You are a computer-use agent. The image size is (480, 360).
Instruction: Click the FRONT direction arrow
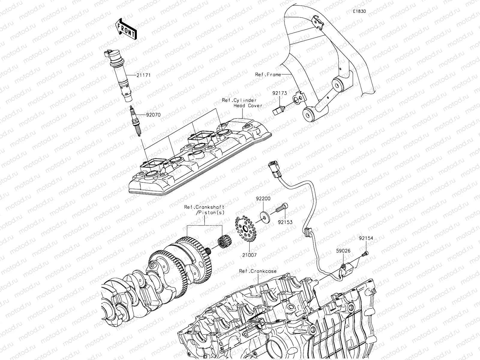coord(125,29)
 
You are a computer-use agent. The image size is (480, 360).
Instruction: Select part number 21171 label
coord(143,75)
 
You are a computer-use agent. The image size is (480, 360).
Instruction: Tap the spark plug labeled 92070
coord(135,121)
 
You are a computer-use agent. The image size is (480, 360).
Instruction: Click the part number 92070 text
coord(153,115)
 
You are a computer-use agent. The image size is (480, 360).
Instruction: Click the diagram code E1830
coord(359,11)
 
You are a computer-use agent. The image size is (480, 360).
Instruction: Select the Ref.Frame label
coord(268,74)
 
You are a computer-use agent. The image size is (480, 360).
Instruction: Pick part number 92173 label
coord(280,93)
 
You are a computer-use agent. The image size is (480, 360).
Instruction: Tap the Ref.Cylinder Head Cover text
coord(242,103)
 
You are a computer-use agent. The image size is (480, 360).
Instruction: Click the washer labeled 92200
coord(264,217)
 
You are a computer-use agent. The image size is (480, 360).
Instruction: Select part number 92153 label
coord(285,223)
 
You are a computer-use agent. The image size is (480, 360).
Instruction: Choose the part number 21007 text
coord(250,255)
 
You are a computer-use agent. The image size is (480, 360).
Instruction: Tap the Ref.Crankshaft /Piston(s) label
coord(205,210)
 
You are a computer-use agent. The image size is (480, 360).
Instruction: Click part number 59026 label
coord(343,250)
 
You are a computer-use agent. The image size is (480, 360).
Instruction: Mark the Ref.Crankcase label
coord(258,271)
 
